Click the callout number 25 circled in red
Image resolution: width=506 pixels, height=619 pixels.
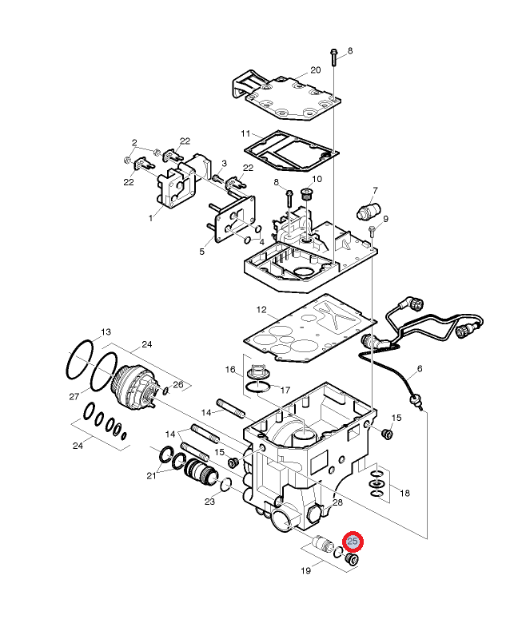click(x=353, y=542)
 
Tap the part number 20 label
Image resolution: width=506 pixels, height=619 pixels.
click(x=315, y=70)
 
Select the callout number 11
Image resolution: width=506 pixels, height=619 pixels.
click(x=246, y=133)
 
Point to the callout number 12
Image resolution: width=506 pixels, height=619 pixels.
click(x=261, y=309)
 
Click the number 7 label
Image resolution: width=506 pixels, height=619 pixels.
click(x=374, y=191)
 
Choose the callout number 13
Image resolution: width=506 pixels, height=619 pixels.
click(x=106, y=331)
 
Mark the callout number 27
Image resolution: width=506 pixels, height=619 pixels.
click(x=74, y=397)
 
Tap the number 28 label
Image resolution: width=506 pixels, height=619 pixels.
click(x=337, y=502)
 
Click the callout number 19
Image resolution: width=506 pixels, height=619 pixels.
click(x=306, y=571)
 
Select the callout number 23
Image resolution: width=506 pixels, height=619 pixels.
click(x=210, y=502)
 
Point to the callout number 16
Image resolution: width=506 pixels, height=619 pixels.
click(x=230, y=370)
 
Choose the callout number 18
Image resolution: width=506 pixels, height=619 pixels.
click(x=404, y=494)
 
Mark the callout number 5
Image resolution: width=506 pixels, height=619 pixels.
click(x=201, y=252)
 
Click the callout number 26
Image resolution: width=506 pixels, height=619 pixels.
click(x=178, y=385)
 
